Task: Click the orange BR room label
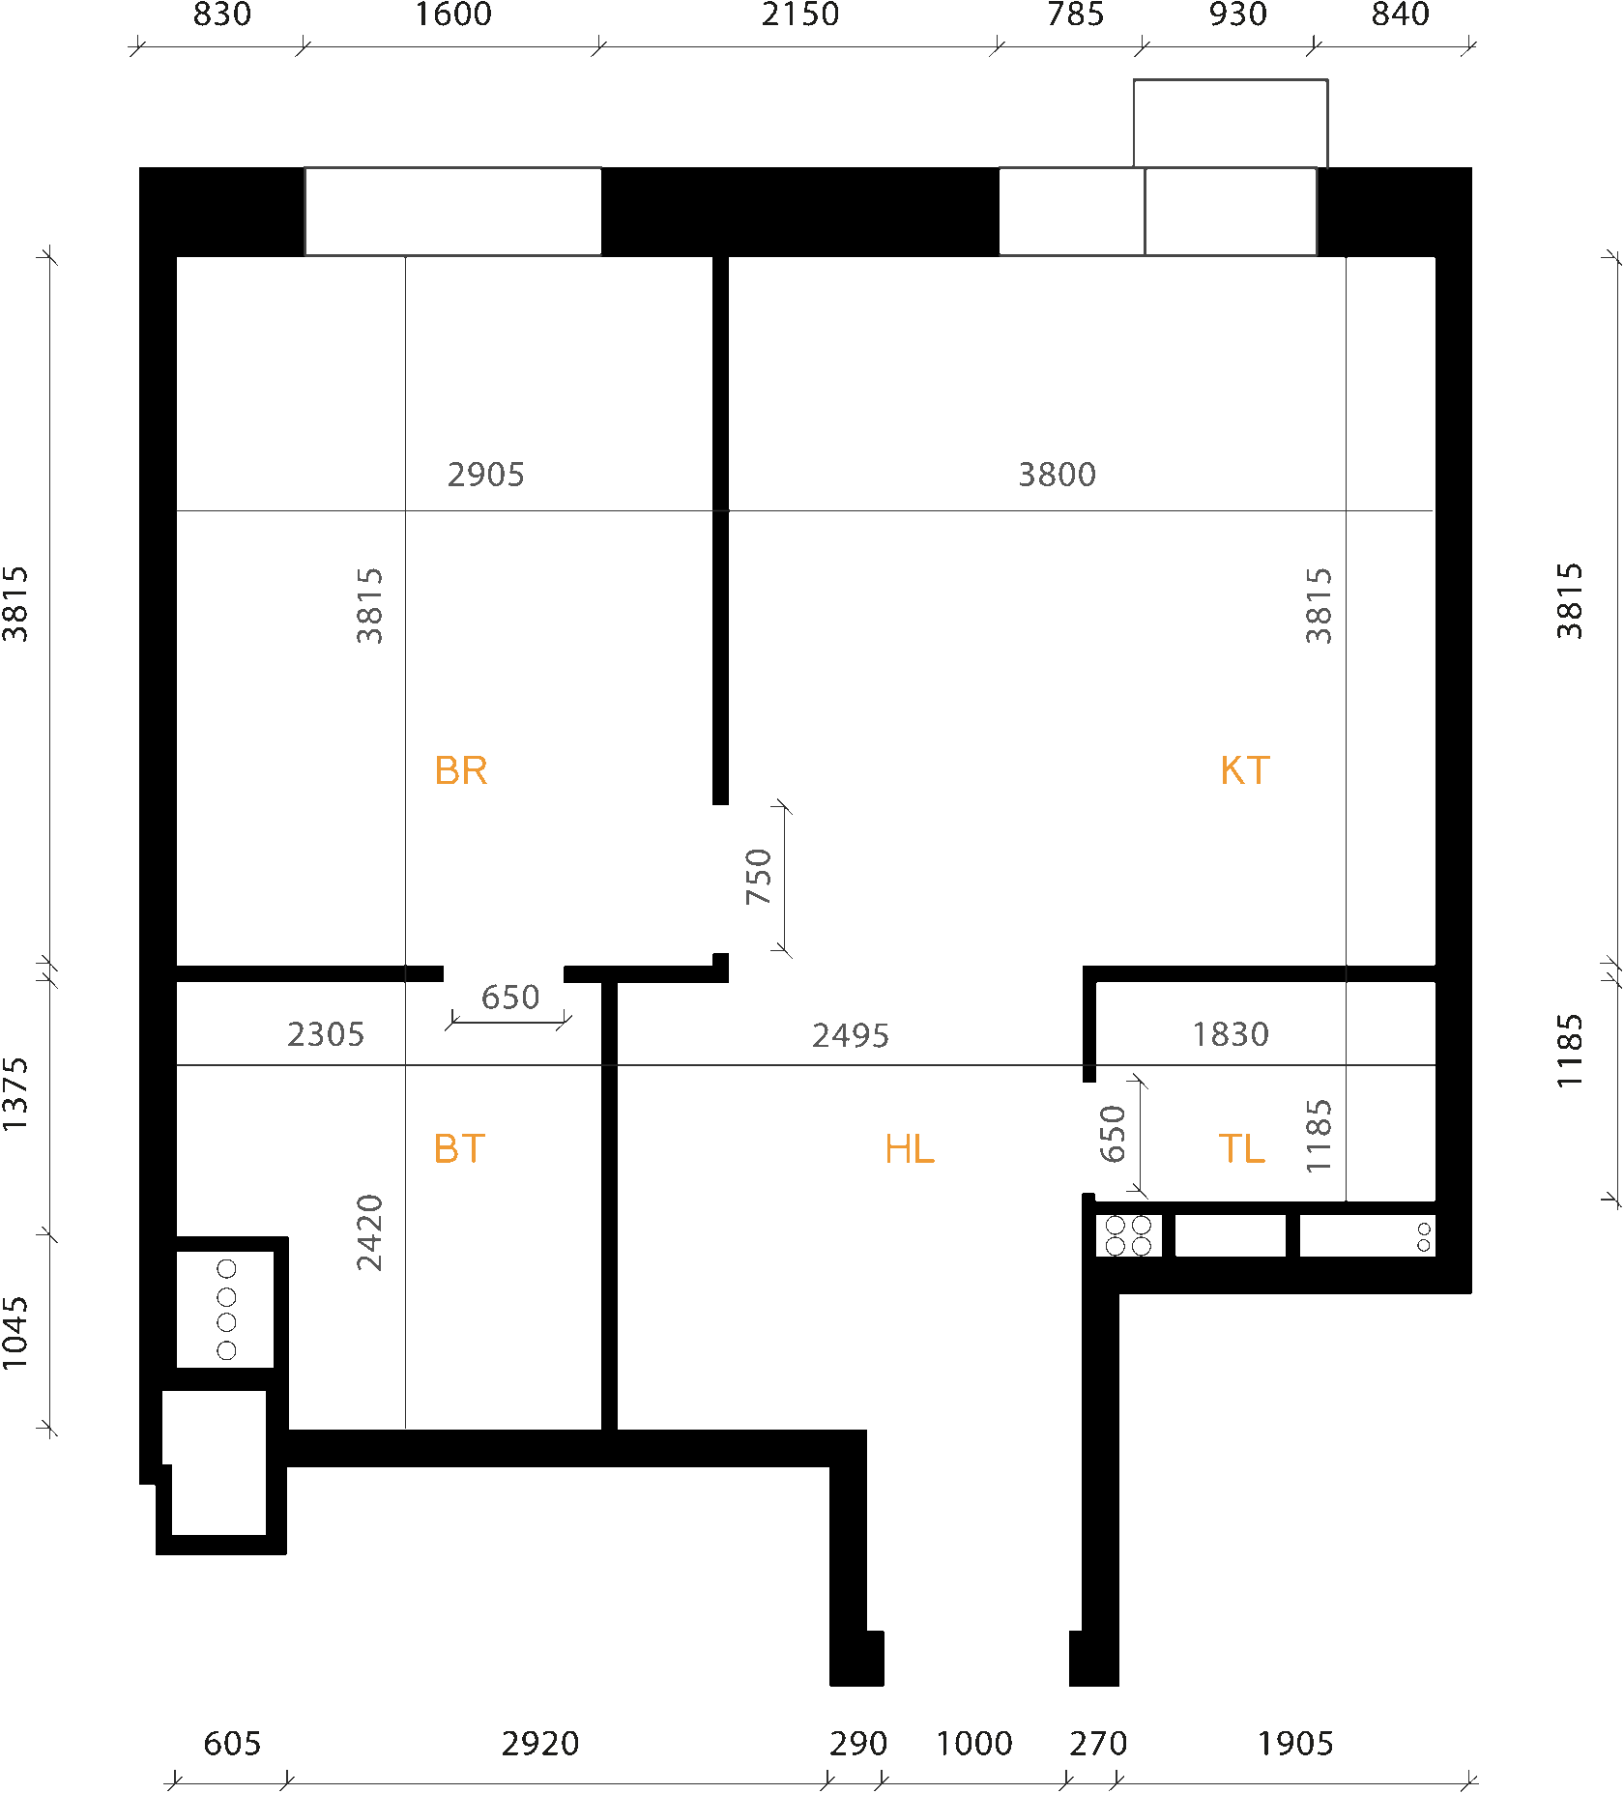461,771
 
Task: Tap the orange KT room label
1244,771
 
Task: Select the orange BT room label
459,1149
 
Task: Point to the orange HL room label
909,1149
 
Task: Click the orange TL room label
1241,1149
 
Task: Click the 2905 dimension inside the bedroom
485,475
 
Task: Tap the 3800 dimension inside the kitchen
1057,475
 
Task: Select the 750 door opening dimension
759,876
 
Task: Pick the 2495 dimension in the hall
850,1036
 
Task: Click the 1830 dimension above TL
1230,1035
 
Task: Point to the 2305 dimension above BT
326,1035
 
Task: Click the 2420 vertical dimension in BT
369,1232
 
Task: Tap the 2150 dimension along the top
800,14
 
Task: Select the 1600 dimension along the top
453,14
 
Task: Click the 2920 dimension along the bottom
540,1744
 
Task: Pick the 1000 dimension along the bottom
974,1744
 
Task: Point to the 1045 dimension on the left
15,1333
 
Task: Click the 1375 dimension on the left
15,1094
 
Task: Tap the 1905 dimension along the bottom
1295,1744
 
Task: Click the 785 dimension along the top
1075,14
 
